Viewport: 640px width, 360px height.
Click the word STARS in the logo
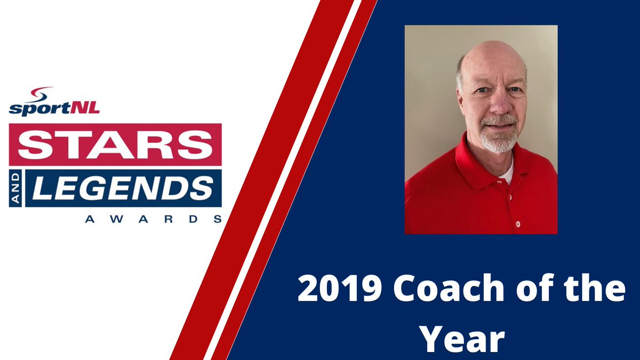click(115, 145)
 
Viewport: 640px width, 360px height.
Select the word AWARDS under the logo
click(153, 219)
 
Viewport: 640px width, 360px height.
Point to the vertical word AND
click(16, 188)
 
